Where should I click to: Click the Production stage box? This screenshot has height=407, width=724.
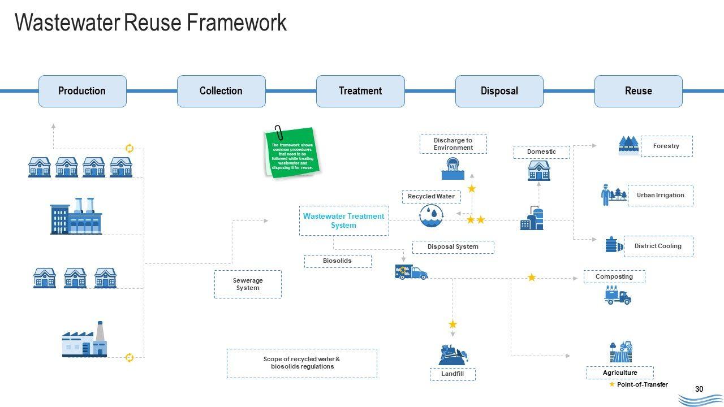click(x=82, y=91)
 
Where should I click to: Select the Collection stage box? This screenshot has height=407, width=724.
click(x=221, y=91)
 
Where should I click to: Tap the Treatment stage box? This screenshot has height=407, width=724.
click(x=360, y=91)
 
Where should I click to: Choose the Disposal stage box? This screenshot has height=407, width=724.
click(x=499, y=91)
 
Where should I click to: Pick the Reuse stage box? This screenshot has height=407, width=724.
click(x=638, y=91)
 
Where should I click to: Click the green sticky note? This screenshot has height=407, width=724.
click(x=292, y=153)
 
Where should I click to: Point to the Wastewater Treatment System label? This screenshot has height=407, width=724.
click(x=343, y=220)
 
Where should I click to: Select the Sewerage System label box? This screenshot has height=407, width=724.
click(x=248, y=284)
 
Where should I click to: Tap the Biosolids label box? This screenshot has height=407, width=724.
click(x=338, y=261)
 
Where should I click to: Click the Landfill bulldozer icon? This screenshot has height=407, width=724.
click(x=454, y=354)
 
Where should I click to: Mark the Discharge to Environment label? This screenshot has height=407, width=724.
click(x=453, y=144)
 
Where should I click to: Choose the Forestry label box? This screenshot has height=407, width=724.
click(x=666, y=146)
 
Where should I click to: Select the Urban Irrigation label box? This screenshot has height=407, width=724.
click(x=660, y=196)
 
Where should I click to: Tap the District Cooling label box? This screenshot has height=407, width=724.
click(x=658, y=246)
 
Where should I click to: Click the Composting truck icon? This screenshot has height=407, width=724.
click(x=617, y=295)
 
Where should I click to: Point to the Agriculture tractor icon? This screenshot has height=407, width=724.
click(x=621, y=352)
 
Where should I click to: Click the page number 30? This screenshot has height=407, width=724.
click(x=699, y=389)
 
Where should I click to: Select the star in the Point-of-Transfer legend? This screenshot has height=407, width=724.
click(x=612, y=384)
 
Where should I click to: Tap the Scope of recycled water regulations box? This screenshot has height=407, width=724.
click(x=301, y=363)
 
